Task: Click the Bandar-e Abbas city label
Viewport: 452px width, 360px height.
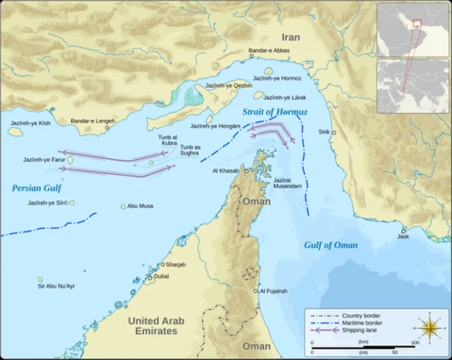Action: [x=270, y=50]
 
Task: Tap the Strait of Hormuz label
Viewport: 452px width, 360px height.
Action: [x=275, y=112]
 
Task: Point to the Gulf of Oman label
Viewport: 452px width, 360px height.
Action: [x=331, y=245]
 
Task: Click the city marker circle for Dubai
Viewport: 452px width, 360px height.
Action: [x=149, y=277]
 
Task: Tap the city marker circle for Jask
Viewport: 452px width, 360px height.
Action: [x=403, y=230]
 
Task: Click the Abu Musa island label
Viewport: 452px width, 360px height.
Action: [x=140, y=206]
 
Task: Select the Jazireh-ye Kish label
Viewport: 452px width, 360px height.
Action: [x=30, y=122]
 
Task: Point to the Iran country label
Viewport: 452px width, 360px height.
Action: [x=291, y=37]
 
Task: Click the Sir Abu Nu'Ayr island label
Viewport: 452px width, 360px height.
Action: [x=56, y=286]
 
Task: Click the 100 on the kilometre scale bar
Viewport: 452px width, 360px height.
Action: [x=414, y=342]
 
